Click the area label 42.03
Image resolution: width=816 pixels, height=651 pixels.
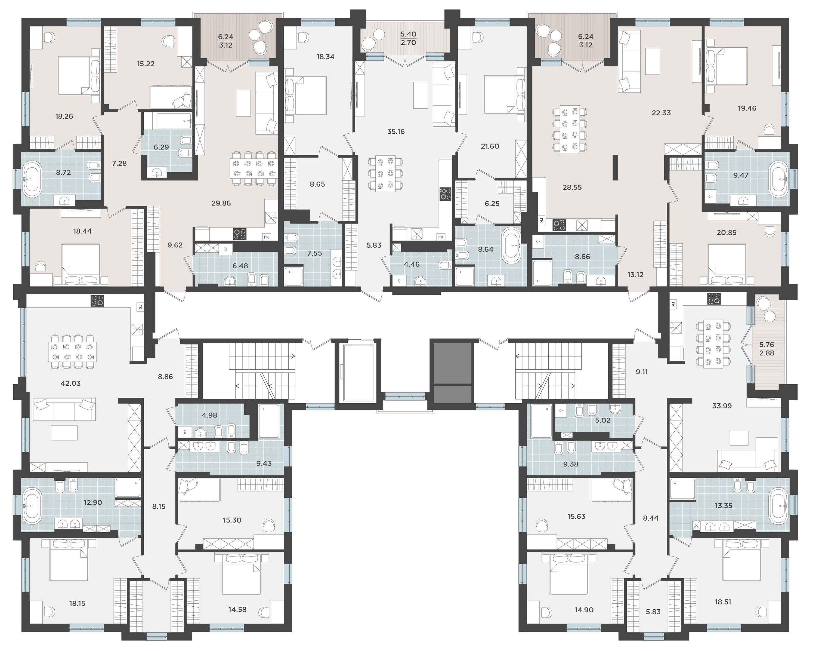[x=71, y=383]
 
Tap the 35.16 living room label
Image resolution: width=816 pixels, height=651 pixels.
[x=396, y=131]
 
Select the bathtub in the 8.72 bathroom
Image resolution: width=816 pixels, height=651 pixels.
[x=33, y=179]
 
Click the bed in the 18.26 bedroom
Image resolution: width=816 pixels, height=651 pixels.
[x=79, y=75]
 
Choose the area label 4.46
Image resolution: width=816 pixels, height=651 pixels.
[x=412, y=264]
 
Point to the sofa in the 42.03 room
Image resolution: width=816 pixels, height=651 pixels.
[x=64, y=409]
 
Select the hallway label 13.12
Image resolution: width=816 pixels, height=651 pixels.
[x=635, y=275]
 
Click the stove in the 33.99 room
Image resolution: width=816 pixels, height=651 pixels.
[x=714, y=299]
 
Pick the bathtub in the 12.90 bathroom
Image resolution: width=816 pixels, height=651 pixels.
[x=33, y=506]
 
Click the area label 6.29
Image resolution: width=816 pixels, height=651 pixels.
[x=161, y=147]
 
